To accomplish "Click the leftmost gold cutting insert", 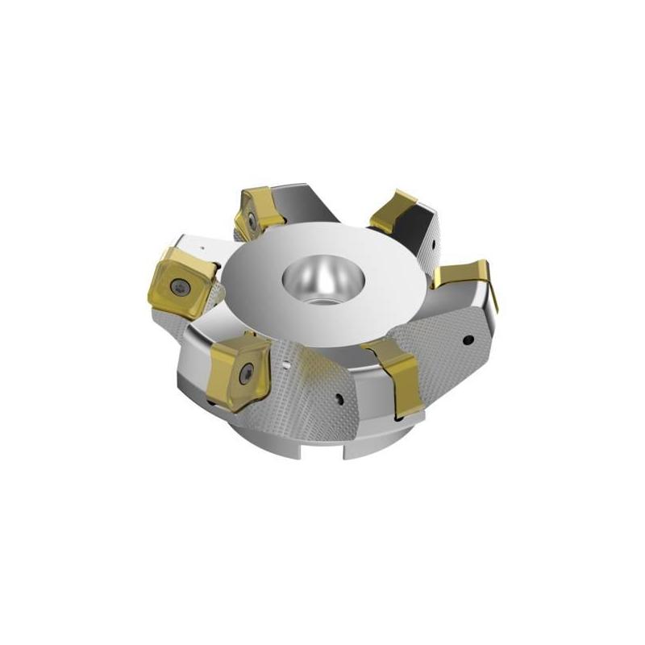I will pos(179,276).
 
